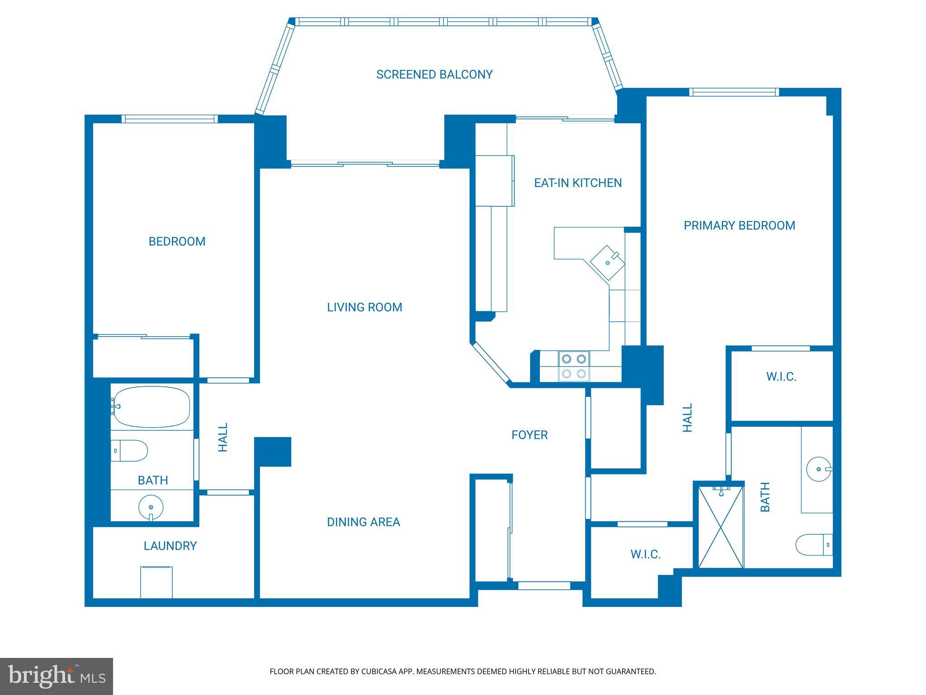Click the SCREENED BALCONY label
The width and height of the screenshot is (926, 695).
coord(434,75)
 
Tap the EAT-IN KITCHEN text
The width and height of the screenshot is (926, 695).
coord(577,183)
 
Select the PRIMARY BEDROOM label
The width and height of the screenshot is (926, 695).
coord(739,225)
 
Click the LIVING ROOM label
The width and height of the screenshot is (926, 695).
coord(364,307)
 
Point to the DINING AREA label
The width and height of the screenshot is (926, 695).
coord(363,522)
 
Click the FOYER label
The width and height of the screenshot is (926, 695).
coord(529,435)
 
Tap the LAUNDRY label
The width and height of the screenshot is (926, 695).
coord(170,546)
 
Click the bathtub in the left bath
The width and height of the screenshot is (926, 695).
coord(151,406)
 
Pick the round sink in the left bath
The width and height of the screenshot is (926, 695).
coord(151,508)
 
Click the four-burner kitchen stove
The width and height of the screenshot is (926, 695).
coord(574,366)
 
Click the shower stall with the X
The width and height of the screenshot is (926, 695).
coord(721,527)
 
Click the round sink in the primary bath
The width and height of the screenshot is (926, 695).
coord(819,469)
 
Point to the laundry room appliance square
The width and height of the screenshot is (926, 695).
coord(156,582)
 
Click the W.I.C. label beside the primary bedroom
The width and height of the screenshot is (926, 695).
coord(781,376)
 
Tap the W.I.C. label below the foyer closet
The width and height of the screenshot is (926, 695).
coord(645,554)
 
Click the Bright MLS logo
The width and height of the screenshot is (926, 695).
coord(56,676)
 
